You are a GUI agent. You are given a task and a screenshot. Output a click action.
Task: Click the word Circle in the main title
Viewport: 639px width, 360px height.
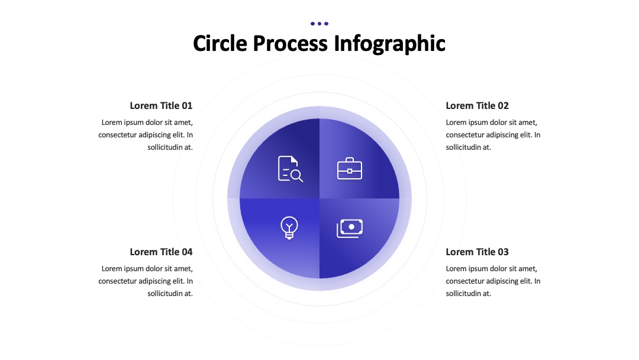point(220,43)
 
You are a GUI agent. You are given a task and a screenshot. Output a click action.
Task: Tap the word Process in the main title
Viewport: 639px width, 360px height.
point(290,43)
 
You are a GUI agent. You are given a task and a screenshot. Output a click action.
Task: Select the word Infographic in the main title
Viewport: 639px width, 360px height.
point(389,44)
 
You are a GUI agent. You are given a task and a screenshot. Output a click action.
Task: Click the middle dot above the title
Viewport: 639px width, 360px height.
point(319,24)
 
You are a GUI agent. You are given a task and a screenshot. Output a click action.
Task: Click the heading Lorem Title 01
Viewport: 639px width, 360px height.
point(161,105)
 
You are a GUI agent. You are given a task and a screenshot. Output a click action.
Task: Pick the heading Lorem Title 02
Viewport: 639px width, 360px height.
point(477,105)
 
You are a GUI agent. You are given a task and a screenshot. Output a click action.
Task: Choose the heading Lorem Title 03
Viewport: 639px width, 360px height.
point(477,252)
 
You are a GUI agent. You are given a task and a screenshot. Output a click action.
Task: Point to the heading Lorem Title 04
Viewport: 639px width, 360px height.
point(161,252)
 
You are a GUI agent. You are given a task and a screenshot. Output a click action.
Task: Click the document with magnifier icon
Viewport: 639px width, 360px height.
point(290,169)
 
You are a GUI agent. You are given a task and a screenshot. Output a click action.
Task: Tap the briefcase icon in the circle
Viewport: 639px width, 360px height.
point(350,168)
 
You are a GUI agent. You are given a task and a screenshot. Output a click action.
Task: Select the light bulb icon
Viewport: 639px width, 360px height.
point(289,227)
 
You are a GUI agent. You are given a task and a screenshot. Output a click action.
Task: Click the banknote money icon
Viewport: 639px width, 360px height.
point(350,229)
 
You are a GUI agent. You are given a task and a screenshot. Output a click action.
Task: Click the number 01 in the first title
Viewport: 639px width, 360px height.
point(187,105)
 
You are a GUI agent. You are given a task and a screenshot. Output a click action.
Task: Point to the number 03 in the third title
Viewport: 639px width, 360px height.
point(504,252)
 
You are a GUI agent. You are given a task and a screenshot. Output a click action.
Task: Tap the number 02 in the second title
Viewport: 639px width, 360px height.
point(504,105)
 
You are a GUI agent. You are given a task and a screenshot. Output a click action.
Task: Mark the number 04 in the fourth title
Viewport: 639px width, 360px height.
point(187,252)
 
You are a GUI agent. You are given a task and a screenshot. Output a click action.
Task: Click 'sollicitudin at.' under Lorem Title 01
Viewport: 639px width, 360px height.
point(170,147)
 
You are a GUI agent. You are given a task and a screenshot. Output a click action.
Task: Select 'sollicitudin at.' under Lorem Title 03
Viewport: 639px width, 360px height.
point(468,294)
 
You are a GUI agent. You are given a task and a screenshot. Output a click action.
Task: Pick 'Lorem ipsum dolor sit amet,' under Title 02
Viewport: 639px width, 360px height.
point(492,123)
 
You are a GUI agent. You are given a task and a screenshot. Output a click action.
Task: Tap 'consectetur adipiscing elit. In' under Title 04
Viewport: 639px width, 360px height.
point(146,281)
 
